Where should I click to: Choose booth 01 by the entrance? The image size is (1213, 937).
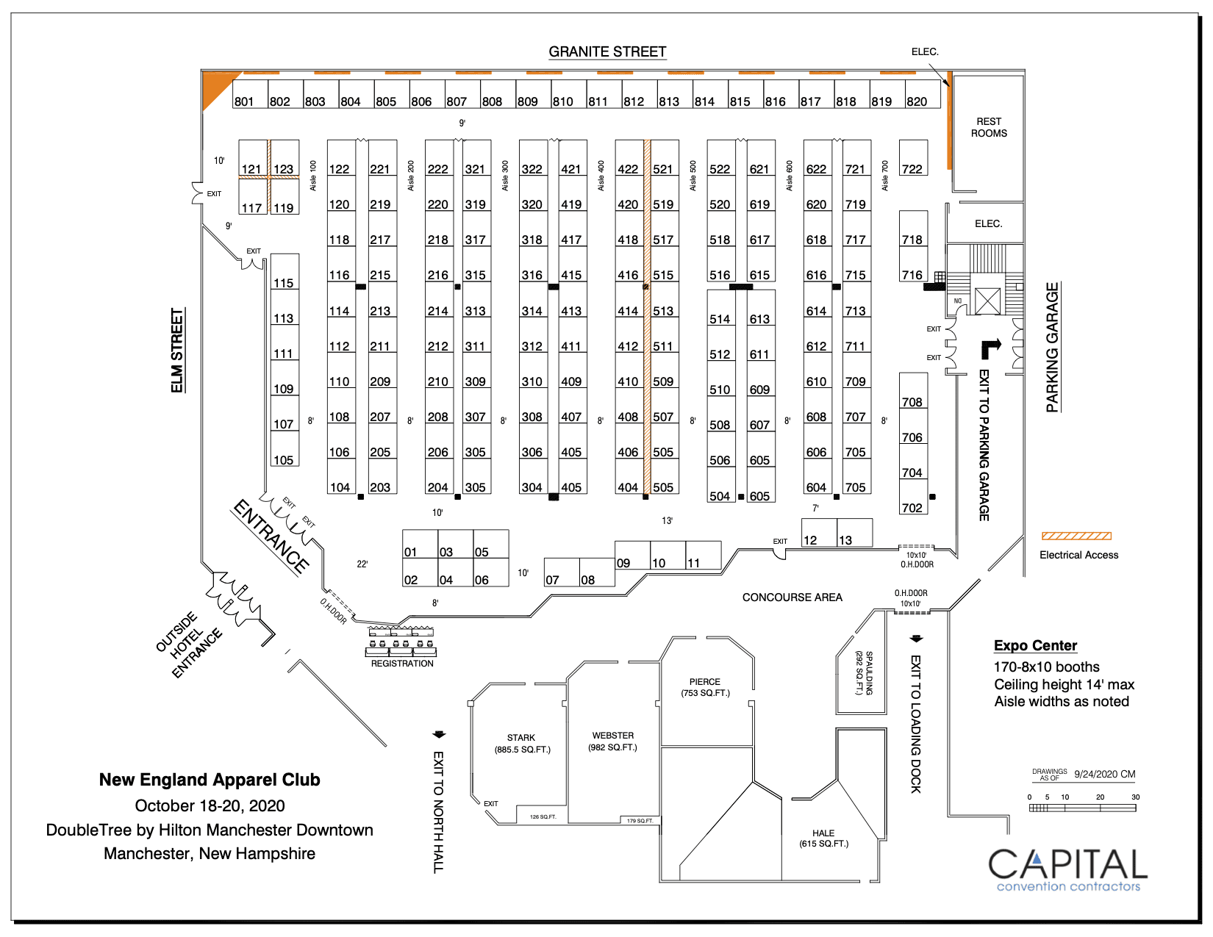coord(420,545)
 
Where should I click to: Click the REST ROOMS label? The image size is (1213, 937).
coord(989,127)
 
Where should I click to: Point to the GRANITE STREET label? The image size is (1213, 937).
coord(607,51)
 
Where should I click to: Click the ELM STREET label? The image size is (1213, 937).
coord(177,351)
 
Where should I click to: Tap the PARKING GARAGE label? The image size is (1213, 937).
coord(1053,347)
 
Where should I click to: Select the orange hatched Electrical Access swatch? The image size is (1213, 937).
coord(1076,536)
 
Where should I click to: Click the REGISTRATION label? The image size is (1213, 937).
coord(402,664)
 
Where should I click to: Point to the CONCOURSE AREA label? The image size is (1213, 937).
coord(792,597)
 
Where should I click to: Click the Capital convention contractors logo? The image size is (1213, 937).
coord(1067,869)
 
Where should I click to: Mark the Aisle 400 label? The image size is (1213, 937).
coord(601,176)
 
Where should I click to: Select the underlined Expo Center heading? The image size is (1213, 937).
coord(1035,645)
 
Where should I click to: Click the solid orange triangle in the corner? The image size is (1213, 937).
coord(215,85)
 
